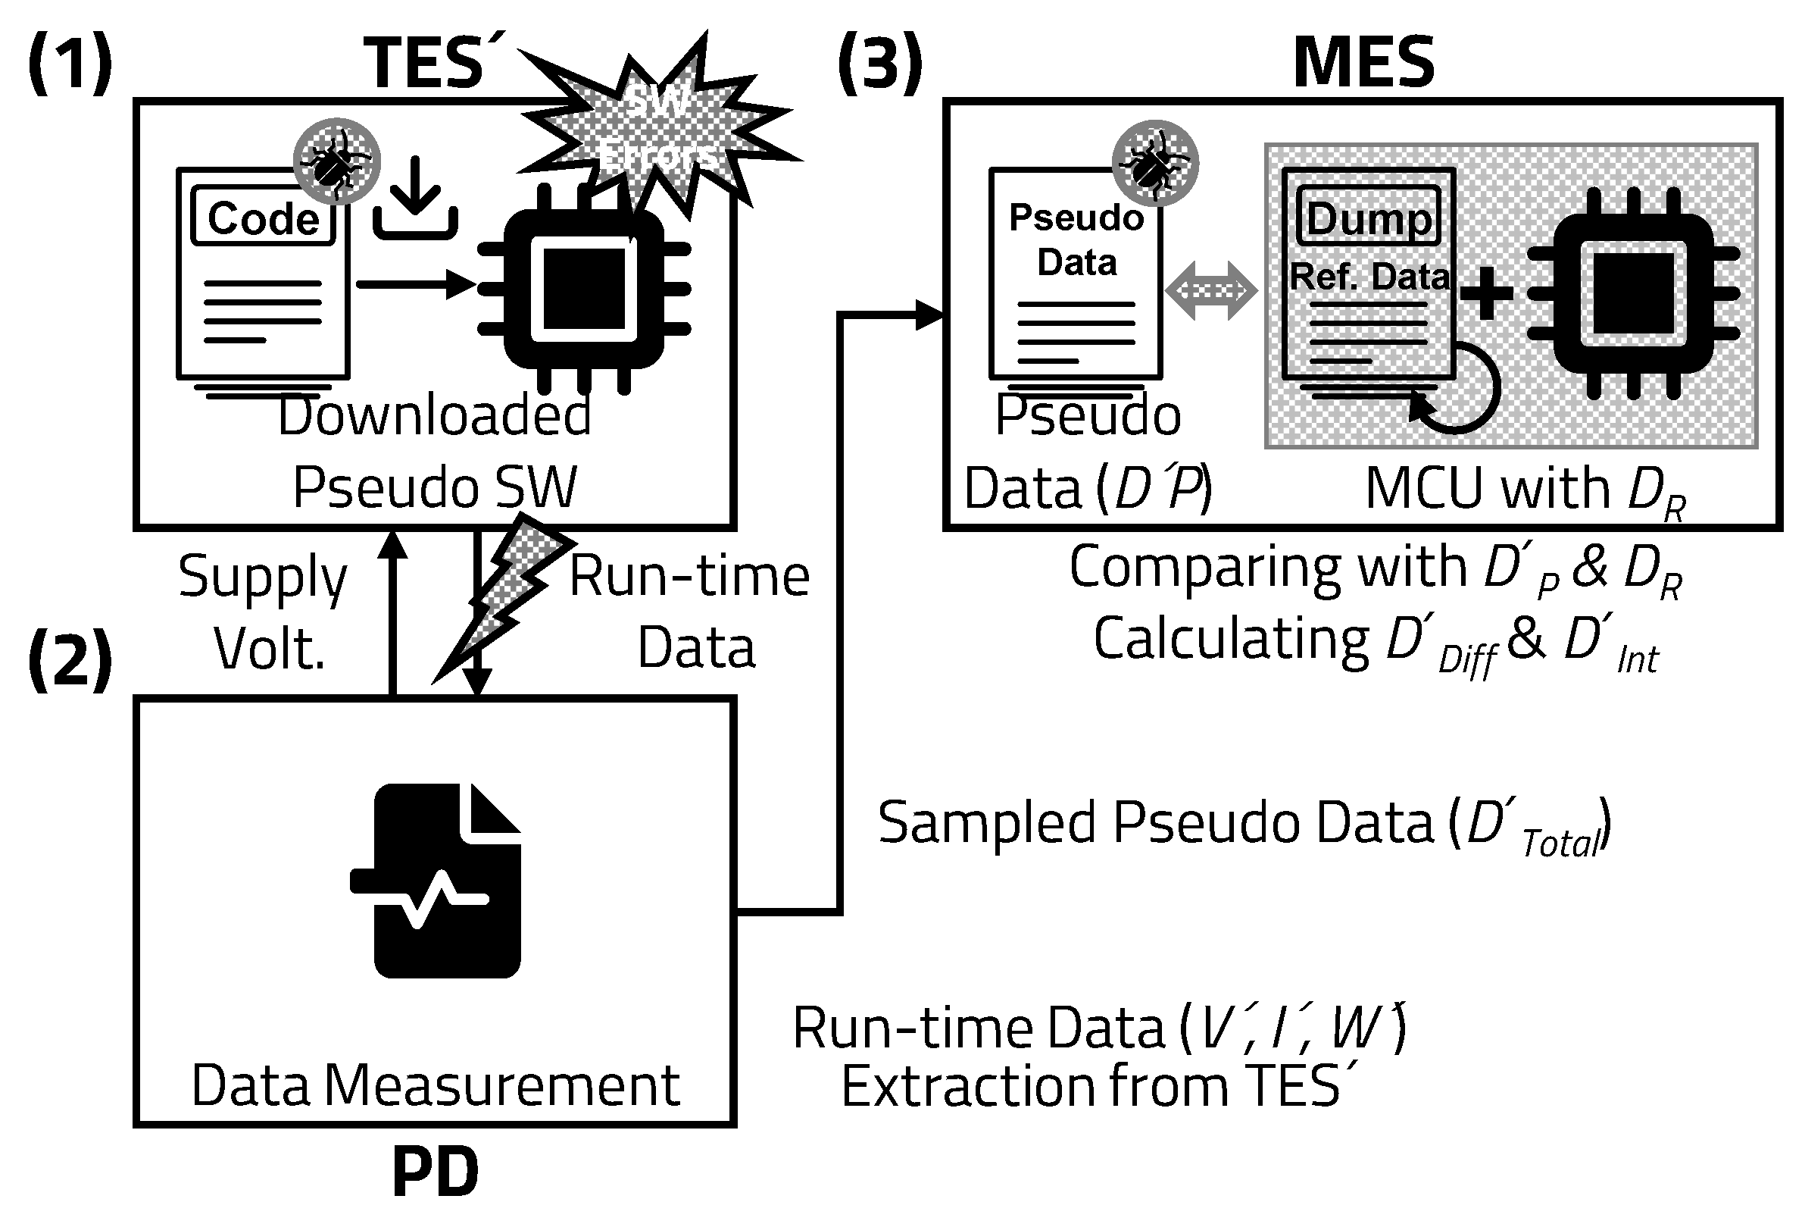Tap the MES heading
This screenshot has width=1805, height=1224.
pyautogui.click(x=1363, y=62)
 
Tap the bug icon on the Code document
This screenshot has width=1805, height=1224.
pyautogui.click(x=336, y=161)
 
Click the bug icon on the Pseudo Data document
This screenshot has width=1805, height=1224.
pyautogui.click(x=1155, y=163)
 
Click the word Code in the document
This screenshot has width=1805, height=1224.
pyautogui.click(x=264, y=218)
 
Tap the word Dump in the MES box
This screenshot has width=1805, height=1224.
pyautogui.click(x=1369, y=218)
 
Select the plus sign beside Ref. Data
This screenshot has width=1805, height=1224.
pyautogui.click(x=1487, y=293)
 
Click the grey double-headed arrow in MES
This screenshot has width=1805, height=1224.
pyautogui.click(x=1211, y=290)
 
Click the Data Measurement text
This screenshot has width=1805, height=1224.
pyautogui.click(x=435, y=1085)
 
